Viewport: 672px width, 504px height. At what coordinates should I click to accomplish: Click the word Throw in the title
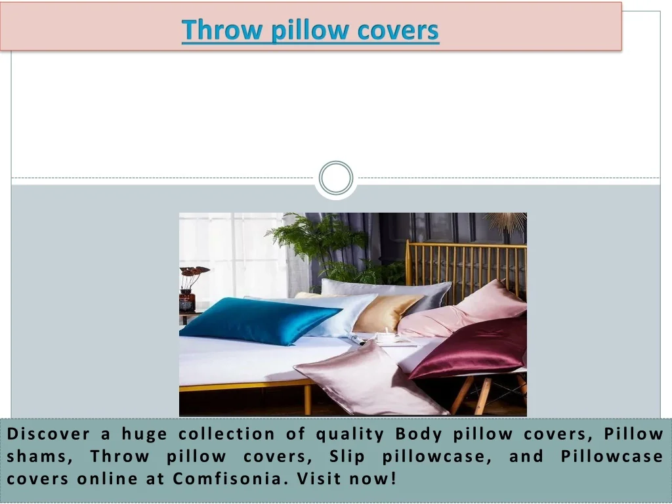(x=222, y=30)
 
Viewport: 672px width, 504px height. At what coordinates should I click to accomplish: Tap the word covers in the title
(x=398, y=31)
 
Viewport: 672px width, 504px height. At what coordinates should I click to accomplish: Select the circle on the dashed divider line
(x=336, y=178)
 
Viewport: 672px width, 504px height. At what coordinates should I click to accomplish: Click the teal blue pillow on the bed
(x=259, y=320)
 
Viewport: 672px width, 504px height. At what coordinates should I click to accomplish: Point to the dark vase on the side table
(x=187, y=300)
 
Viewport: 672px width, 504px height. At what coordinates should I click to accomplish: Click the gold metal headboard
(x=467, y=270)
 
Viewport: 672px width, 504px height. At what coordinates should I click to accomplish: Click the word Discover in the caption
(x=49, y=434)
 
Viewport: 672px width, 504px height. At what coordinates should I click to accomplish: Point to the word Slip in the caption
(x=347, y=457)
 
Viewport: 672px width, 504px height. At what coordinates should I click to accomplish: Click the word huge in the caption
(x=144, y=434)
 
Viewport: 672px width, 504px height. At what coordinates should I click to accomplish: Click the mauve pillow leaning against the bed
(x=371, y=379)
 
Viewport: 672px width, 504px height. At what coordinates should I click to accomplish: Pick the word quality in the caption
(x=350, y=434)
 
